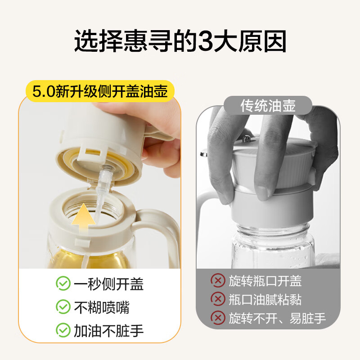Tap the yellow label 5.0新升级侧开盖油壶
(100, 91)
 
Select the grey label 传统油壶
(268, 107)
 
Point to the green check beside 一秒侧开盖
(63, 283)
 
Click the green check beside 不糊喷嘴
(63, 307)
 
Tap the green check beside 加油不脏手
(63, 331)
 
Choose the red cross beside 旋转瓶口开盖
(218, 282)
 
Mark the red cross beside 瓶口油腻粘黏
(218, 299)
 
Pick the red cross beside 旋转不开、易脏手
(218, 319)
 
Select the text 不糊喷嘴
(102, 308)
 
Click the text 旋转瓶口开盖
(265, 282)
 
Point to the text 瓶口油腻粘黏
(265, 300)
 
